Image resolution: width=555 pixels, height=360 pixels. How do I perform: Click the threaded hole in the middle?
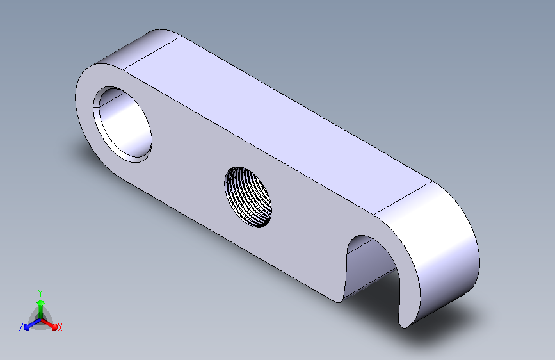click(x=248, y=197)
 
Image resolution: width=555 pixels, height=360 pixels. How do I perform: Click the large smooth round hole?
click(x=122, y=124)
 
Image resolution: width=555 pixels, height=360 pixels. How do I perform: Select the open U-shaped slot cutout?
click(x=372, y=269)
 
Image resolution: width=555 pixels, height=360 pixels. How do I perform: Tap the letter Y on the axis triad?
click(x=40, y=293)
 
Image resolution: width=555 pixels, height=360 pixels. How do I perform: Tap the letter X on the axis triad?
click(x=60, y=327)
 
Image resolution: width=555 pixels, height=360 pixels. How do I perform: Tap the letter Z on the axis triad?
click(x=21, y=327)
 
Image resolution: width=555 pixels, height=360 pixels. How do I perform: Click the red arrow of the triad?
click(x=49, y=324)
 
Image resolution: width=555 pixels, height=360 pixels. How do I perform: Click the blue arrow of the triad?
click(x=32, y=324)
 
